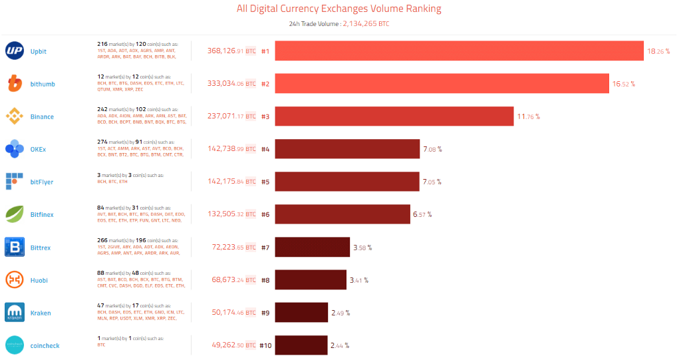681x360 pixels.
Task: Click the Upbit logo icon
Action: [15, 51]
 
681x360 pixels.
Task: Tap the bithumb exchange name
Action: [43, 84]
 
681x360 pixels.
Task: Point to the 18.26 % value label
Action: [658, 51]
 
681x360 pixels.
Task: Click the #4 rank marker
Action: [265, 149]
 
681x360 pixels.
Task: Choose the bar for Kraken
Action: [301, 313]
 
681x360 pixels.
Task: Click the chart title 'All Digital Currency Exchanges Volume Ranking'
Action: [339, 9]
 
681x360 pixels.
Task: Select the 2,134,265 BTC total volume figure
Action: [366, 24]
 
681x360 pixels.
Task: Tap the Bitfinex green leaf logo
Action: [15, 214]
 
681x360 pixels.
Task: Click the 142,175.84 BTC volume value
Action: [231, 182]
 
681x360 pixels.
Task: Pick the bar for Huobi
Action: [311, 280]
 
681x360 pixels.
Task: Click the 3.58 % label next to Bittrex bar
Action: [362, 248]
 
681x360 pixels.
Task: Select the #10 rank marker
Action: [266, 345]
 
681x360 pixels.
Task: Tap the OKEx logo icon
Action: [15, 149]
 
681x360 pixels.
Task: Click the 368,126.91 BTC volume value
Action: [231, 51]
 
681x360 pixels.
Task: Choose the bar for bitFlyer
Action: [347, 182]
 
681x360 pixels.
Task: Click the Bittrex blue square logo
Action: [15, 248]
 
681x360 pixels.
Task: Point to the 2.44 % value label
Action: [340, 345]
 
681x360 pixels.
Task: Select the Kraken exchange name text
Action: [41, 313]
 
